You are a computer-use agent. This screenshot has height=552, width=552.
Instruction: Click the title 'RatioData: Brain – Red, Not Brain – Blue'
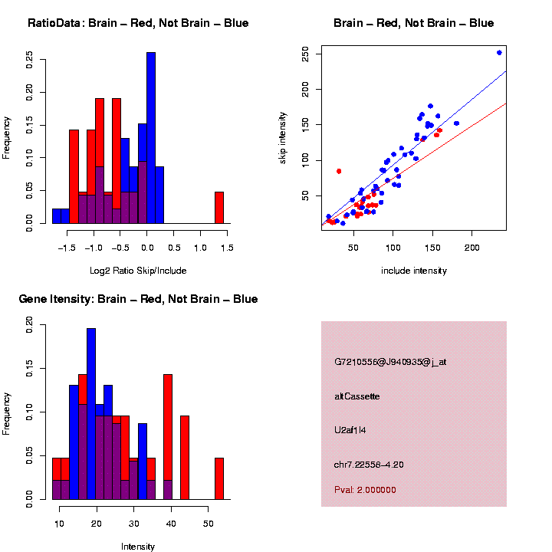click(138, 23)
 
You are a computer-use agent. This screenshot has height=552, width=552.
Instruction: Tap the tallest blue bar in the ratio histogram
click(151, 138)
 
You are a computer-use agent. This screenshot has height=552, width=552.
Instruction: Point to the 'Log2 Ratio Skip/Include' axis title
click(138, 271)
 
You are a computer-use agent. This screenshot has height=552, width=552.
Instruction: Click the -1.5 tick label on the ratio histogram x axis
click(67, 248)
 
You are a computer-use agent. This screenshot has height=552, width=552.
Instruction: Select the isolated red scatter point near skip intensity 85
click(339, 171)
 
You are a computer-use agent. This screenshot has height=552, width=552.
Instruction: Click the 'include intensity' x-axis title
click(414, 271)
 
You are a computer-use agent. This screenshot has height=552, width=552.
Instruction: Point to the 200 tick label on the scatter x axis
click(472, 248)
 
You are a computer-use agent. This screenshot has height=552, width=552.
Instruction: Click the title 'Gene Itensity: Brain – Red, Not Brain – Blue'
click(138, 299)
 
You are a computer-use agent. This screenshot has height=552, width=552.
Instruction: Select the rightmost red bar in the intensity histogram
click(219, 478)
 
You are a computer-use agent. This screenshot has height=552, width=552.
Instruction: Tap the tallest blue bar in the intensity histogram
click(91, 414)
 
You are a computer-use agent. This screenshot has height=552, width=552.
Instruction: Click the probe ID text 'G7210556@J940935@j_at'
click(390, 362)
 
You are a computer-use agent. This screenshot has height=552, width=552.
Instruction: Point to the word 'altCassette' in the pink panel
click(357, 396)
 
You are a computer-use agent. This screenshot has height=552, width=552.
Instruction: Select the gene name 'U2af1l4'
click(351, 430)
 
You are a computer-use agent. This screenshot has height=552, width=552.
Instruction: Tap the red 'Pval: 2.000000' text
click(366, 489)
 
